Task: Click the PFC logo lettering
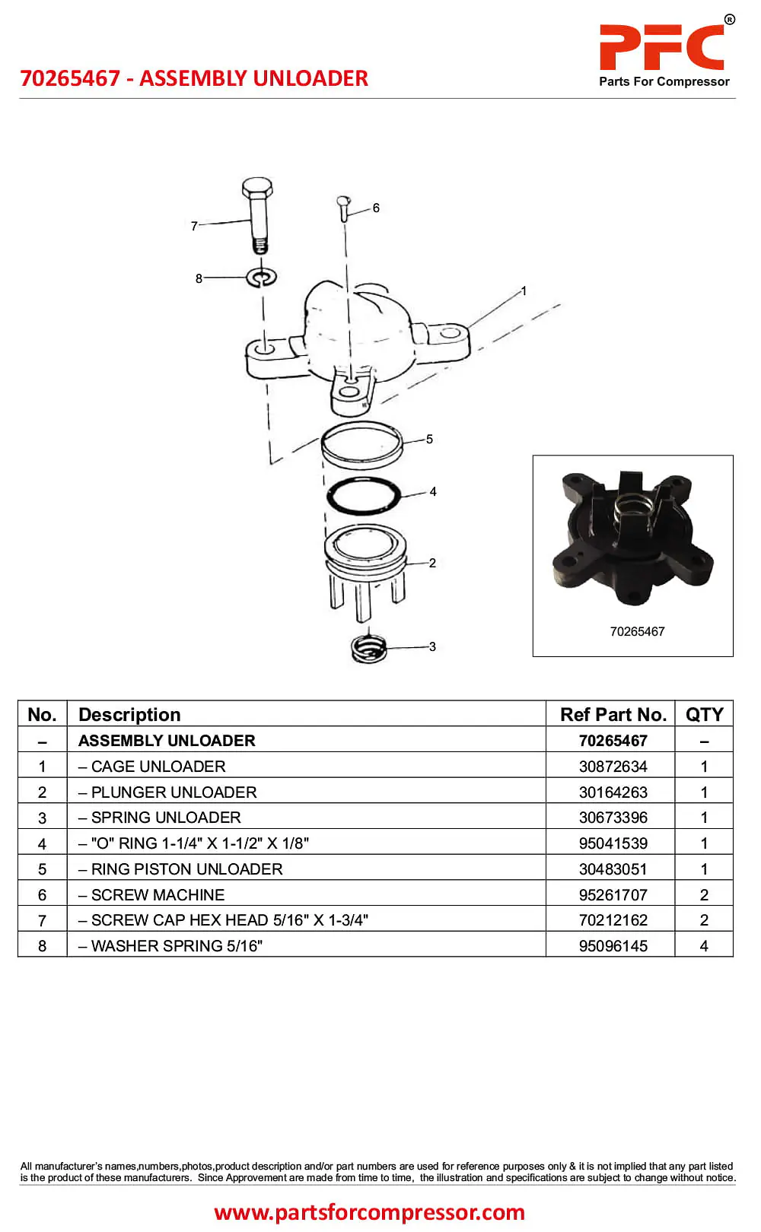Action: (661, 47)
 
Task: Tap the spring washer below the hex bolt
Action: (261, 277)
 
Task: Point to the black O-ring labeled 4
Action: (364, 496)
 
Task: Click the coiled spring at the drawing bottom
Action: (369, 647)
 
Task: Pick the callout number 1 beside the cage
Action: (524, 291)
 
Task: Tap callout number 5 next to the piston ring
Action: (429, 439)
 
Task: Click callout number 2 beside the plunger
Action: (432, 563)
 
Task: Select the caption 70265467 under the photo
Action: (637, 631)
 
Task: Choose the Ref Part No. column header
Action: (613, 715)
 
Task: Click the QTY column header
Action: (704, 715)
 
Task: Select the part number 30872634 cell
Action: (613, 767)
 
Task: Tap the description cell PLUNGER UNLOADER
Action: (174, 792)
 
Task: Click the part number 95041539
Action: (613, 843)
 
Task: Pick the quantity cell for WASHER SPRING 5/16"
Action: (704, 946)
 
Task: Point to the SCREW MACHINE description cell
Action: (158, 895)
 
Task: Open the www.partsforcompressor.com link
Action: (370, 1211)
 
